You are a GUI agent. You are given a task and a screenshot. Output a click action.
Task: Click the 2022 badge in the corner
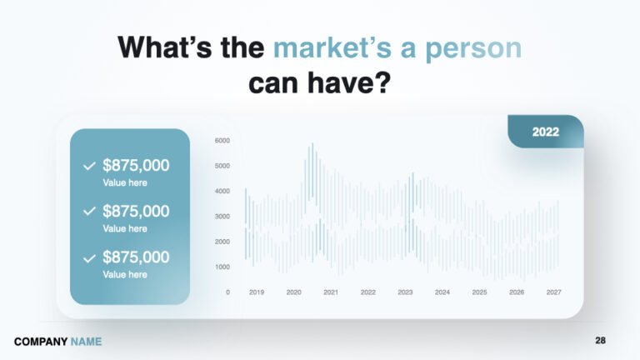[546, 132]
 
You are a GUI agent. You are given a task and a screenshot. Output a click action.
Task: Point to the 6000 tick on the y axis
[222, 140]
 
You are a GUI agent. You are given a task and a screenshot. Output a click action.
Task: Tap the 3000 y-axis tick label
[222, 217]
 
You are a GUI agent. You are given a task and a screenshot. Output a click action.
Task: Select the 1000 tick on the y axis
[222, 267]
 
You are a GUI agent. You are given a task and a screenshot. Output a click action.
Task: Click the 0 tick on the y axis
[227, 292]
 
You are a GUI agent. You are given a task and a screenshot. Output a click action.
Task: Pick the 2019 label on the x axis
[257, 292]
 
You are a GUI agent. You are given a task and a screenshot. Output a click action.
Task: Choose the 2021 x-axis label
[331, 292]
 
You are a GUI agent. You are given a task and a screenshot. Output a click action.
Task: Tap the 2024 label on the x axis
[442, 292]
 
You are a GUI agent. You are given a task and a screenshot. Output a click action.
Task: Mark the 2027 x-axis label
[553, 292]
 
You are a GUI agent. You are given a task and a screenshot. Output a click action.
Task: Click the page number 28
[601, 341]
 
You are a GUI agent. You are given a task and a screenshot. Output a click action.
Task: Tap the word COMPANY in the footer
[40, 342]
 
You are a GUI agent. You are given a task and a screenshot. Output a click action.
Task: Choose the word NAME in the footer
[86, 342]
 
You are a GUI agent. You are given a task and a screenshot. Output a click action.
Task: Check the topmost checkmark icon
[89, 166]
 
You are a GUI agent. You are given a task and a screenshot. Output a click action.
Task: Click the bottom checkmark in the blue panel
[89, 257]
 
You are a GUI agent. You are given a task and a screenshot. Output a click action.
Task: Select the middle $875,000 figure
[136, 211]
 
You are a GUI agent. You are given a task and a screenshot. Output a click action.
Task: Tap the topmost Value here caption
[125, 182]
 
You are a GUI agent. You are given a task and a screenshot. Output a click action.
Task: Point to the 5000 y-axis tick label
[222, 166]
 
